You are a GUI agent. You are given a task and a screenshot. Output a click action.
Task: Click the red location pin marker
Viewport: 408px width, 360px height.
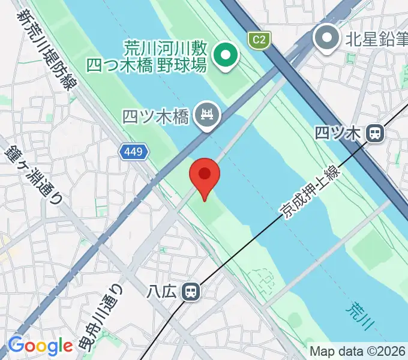click(205, 176)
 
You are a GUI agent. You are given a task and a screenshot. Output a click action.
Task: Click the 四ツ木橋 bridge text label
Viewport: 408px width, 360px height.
click(155, 115)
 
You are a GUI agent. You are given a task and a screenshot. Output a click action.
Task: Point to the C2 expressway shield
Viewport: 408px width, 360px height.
click(259, 40)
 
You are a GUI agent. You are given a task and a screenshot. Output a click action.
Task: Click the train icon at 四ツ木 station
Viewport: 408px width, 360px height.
click(376, 133)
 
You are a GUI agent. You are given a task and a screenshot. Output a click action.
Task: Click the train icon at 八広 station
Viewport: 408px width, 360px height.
click(191, 292)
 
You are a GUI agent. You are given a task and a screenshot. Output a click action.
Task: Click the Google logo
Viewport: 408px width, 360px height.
click(40, 346)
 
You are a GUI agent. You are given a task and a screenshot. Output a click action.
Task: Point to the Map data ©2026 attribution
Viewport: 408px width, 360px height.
click(357, 350)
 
